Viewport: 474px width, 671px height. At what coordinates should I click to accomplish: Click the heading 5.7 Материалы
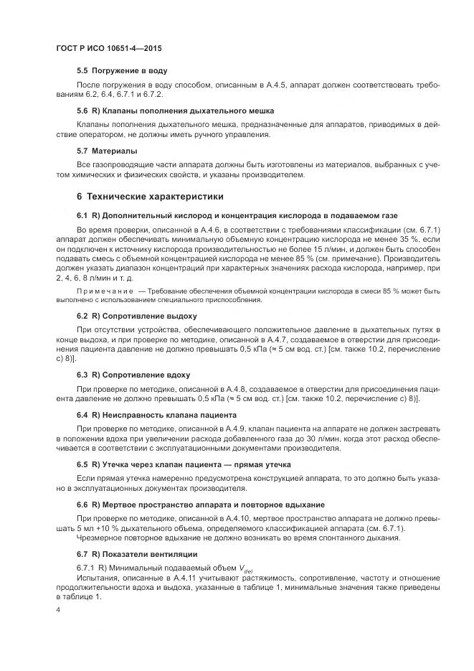pyautogui.click(x=107, y=151)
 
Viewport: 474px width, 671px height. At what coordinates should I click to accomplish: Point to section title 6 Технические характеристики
pyautogui.click(x=150, y=196)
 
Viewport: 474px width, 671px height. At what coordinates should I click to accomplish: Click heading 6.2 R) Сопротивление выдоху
pyautogui.click(x=136, y=316)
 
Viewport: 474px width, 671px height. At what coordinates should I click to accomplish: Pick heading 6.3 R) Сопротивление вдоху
pyautogui.click(x=133, y=375)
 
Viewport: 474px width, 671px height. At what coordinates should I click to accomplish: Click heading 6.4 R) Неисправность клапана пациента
pyautogui.click(x=156, y=415)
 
